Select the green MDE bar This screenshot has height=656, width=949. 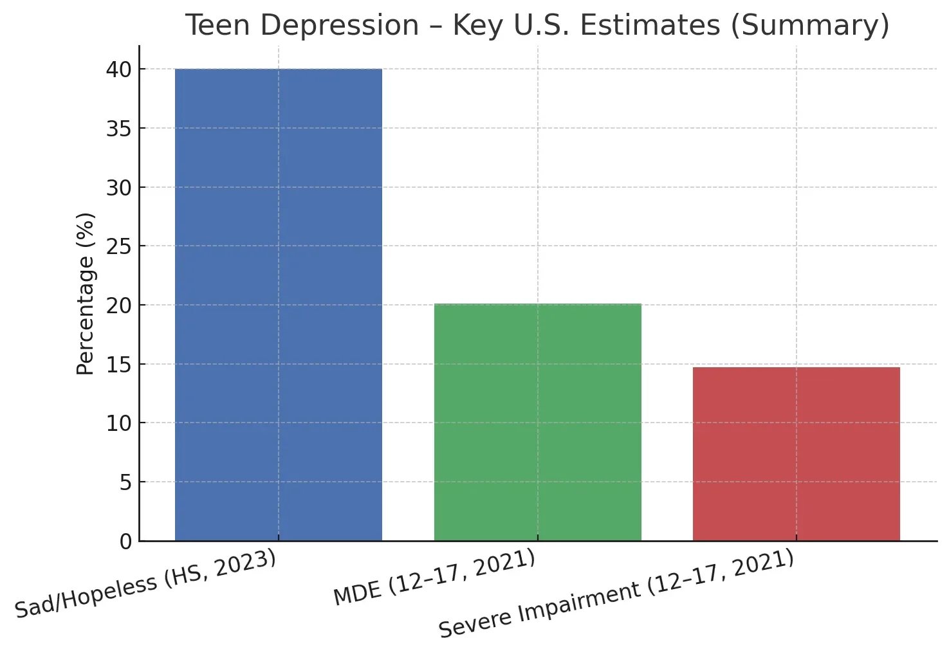pyautogui.click(x=537, y=422)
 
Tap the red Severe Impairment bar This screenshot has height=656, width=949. pyautogui.click(x=796, y=453)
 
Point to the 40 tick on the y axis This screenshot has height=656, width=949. pyautogui.click(x=118, y=69)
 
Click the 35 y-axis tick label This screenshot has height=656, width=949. pyautogui.click(x=118, y=129)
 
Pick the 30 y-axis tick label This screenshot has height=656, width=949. pyautogui.click(x=118, y=188)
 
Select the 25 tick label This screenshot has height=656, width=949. pyautogui.click(x=118, y=246)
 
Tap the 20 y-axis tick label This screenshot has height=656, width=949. pyautogui.click(x=118, y=305)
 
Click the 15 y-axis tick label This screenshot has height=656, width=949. pyautogui.click(x=118, y=365)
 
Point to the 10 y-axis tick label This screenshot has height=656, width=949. pyautogui.click(x=118, y=423)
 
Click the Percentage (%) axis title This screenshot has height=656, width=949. pyautogui.click(x=85, y=293)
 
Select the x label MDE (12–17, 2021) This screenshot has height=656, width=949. pyautogui.click(x=434, y=578)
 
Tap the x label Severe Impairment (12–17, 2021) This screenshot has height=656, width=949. pyautogui.click(x=616, y=594)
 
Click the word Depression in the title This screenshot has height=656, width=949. pyautogui.click(x=340, y=26)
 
